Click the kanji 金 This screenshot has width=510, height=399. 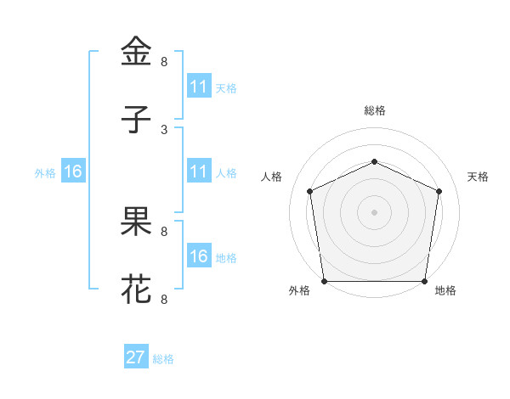[137, 52]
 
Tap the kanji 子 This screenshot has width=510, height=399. [137, 120]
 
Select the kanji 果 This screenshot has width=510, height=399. [137, 222]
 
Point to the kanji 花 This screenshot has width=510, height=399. [137, 289]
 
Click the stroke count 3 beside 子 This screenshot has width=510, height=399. [164, 129]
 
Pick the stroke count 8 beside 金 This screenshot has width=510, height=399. [164, 61]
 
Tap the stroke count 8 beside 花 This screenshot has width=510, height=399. [164, 299]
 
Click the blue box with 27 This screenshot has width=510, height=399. [136, 357]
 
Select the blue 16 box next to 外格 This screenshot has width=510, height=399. [73, 171]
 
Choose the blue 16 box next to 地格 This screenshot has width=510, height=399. [199, 256]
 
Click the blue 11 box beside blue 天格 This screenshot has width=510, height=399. [199, 87]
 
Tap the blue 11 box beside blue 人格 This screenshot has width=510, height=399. [199, 171]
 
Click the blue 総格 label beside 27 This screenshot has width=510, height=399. [163, 359]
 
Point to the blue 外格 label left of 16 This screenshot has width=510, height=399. [45, 172]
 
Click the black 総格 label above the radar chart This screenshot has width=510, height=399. [374, 110]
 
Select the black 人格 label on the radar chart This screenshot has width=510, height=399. [272, 177]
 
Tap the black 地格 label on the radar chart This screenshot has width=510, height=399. [445, 291]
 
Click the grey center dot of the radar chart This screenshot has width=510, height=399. [374, 212]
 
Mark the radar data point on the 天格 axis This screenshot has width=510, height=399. [439, 191]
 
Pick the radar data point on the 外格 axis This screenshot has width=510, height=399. [324, 281]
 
